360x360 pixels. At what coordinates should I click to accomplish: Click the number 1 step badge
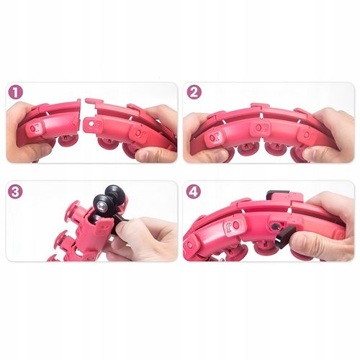[15, 93]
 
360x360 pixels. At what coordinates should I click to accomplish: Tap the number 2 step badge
[194, 93]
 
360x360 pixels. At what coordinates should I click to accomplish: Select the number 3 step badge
[15, 192]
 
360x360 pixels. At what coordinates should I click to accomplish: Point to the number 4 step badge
[194, 192]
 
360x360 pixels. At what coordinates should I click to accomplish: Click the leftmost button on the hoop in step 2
[215, 138]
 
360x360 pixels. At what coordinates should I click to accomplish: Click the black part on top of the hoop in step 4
[278, 194]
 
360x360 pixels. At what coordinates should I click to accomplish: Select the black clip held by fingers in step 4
[284, 236]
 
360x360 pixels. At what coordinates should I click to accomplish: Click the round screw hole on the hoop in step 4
[274, 226]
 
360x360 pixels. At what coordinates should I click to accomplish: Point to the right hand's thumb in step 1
[154, 154]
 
